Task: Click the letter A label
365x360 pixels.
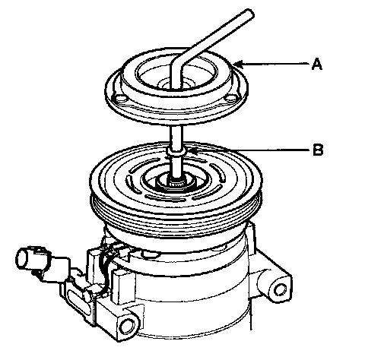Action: pyautogui.click(x=317, y=64)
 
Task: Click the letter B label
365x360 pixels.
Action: pyautogui.click(x=318, y=150)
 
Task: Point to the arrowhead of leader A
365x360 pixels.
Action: pyautogui.click(x=238, y=65)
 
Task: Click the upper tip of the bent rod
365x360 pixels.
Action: pyautogui.click(x=249, y=13)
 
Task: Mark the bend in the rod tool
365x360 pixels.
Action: pyautogui.click(x=177, y=62)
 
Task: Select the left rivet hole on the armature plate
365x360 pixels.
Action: pyautogui.click(x=119, y=98)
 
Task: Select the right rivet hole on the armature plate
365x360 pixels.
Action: pyautogui.click(x=231, y=98)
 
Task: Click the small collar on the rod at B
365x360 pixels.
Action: pyautogui.click(x=176, y=152)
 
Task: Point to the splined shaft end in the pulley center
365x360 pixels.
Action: pyautogui.click(x=176, y=184)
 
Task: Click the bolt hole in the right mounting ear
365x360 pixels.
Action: pyautogui.click(x=280, y=289)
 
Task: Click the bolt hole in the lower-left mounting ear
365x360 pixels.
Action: pyautogui.click(x=127, y=326)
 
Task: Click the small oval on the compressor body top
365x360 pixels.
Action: pyautogui.click(x=150, y=253)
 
